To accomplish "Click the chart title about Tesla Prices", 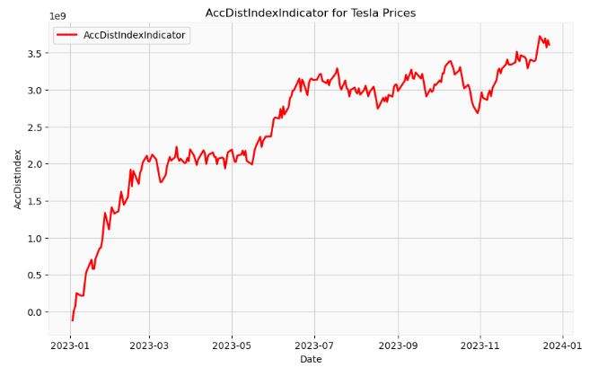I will click(x=311, y=13).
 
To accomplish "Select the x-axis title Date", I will click(x=311, y=359).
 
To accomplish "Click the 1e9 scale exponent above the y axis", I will click(x=57, y=16).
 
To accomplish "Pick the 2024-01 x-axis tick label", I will click(x=562, y=344).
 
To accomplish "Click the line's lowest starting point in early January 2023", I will click(x=73, y=319).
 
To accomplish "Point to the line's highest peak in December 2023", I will click(x=541, y=37).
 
